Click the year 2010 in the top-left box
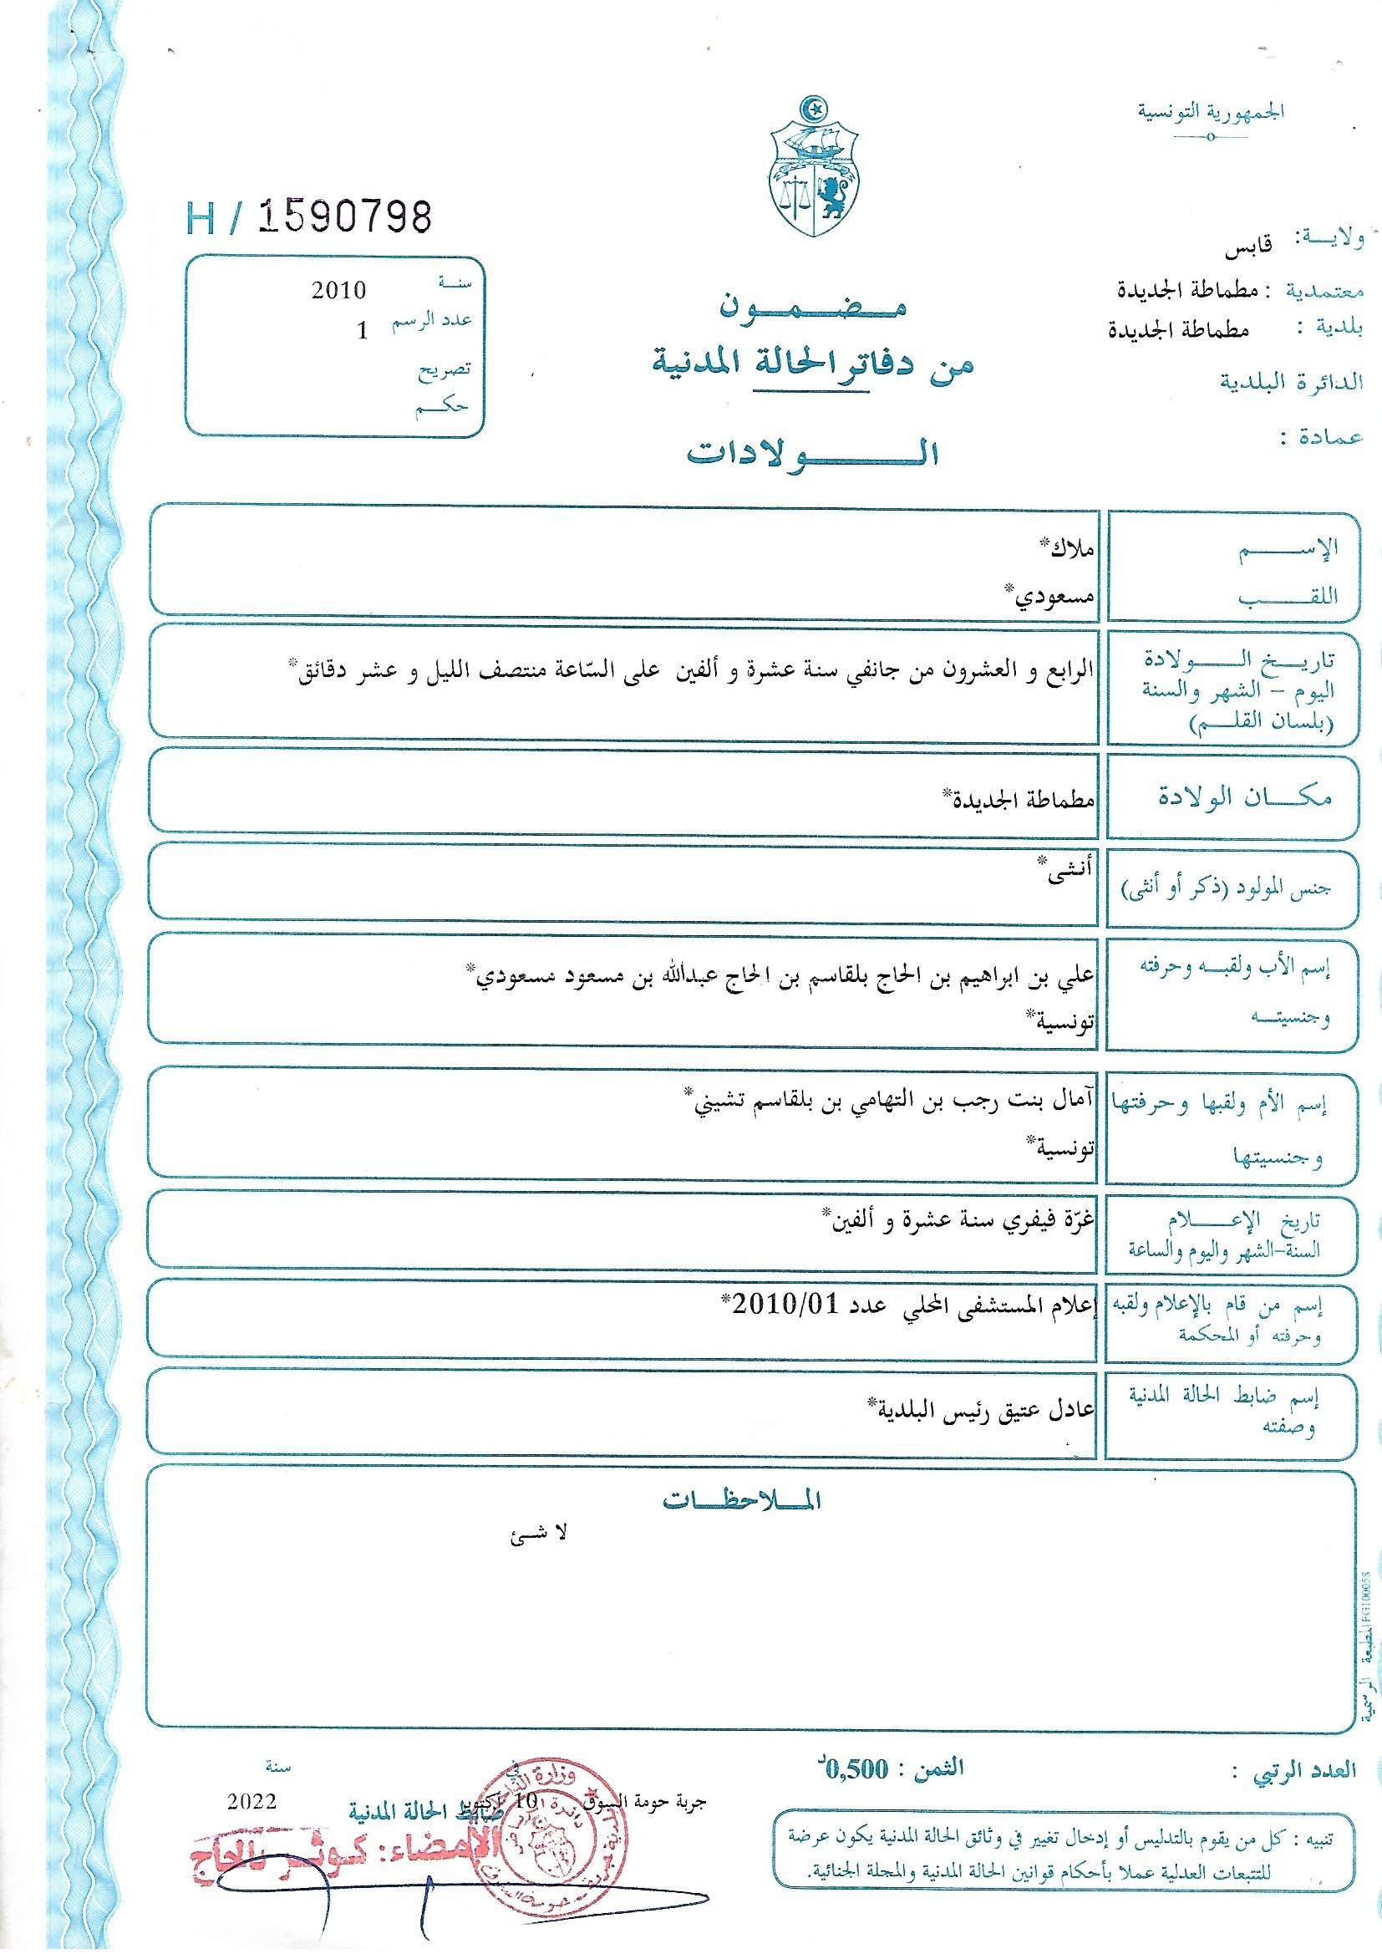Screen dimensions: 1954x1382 338,291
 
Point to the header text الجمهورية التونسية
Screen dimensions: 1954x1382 1212,111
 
